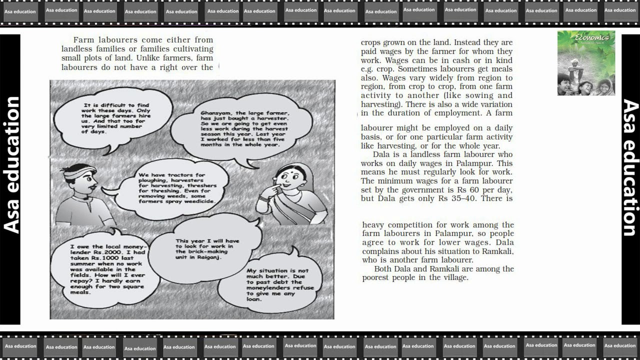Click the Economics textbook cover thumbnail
click(x=586, y=63)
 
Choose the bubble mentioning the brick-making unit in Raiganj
click(x=206, y=248)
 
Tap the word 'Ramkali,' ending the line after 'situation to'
click(x=495, y=251)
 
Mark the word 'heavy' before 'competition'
click(x=373, y=225)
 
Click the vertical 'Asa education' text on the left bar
click(x=11, y=165)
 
